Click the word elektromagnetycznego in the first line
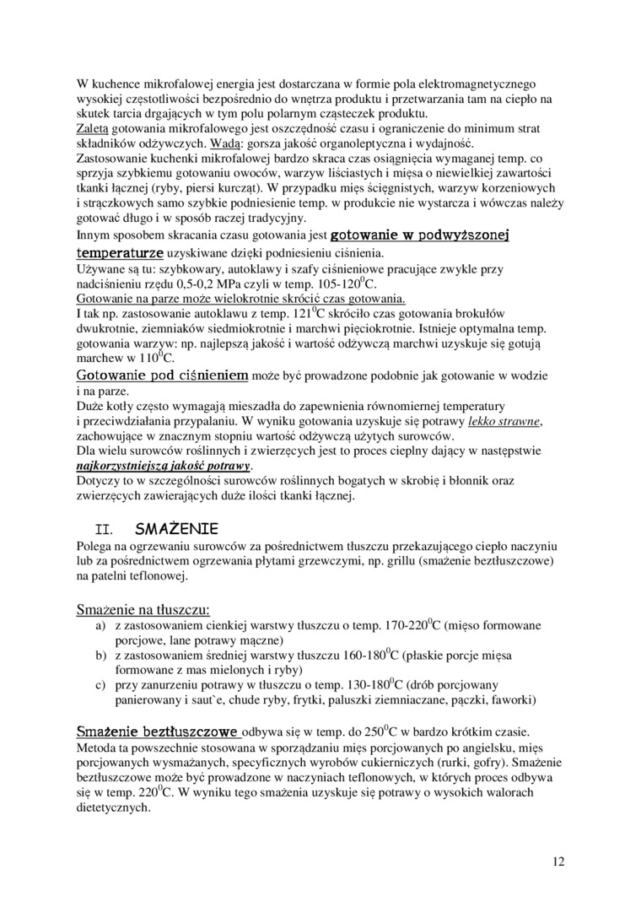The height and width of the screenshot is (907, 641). tap(474, 84)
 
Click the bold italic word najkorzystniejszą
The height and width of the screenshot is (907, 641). tap(124, 466)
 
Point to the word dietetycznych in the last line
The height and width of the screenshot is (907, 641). tap(113, 806)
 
